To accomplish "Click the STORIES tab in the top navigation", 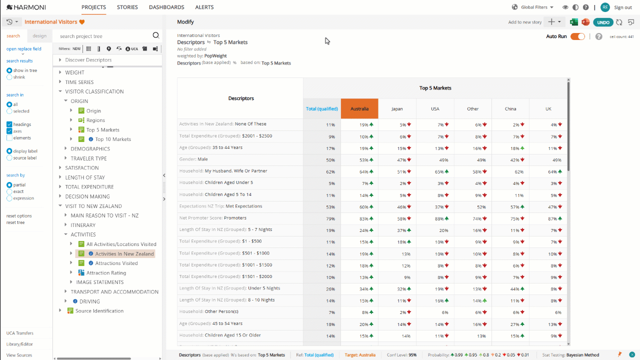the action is click(127, 7).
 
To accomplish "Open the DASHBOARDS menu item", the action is click(166, 7).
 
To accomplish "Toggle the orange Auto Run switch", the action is click(577, 36).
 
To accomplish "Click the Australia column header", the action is click(359, 108).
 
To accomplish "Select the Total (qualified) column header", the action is click(321, 108).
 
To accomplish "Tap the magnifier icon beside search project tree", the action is click(155, 35).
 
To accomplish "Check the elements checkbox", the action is click(9, 138).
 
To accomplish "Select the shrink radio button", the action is click(9, 77).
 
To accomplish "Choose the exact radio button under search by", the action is click(9, 191).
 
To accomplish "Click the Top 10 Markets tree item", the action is click(113, 139).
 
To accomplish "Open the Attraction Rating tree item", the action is click(106, 273).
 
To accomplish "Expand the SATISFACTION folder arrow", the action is click(60, 167).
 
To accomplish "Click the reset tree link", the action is click(15, 222).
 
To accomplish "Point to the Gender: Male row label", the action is click(193, 159).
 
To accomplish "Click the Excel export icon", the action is click(573, 22).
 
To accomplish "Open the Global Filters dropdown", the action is click(533, 7).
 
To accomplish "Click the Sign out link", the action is click(623, 7).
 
